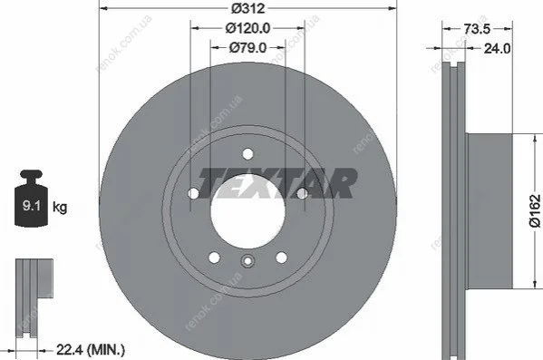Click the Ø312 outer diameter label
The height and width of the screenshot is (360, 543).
click(248, 8)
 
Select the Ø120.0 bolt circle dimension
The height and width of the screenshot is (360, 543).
click(248, 28)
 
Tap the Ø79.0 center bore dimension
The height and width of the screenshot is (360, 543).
click(248, 47)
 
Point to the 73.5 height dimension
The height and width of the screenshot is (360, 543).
click(477, 29)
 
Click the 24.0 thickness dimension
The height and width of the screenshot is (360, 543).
click(497, 48)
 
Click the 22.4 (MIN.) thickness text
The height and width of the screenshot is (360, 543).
click(91, 350)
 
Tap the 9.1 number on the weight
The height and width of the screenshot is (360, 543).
click(32, 206)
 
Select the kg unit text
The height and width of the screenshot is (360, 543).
click(60, 207)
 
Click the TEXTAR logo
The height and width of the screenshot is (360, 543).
click(277, 183)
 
